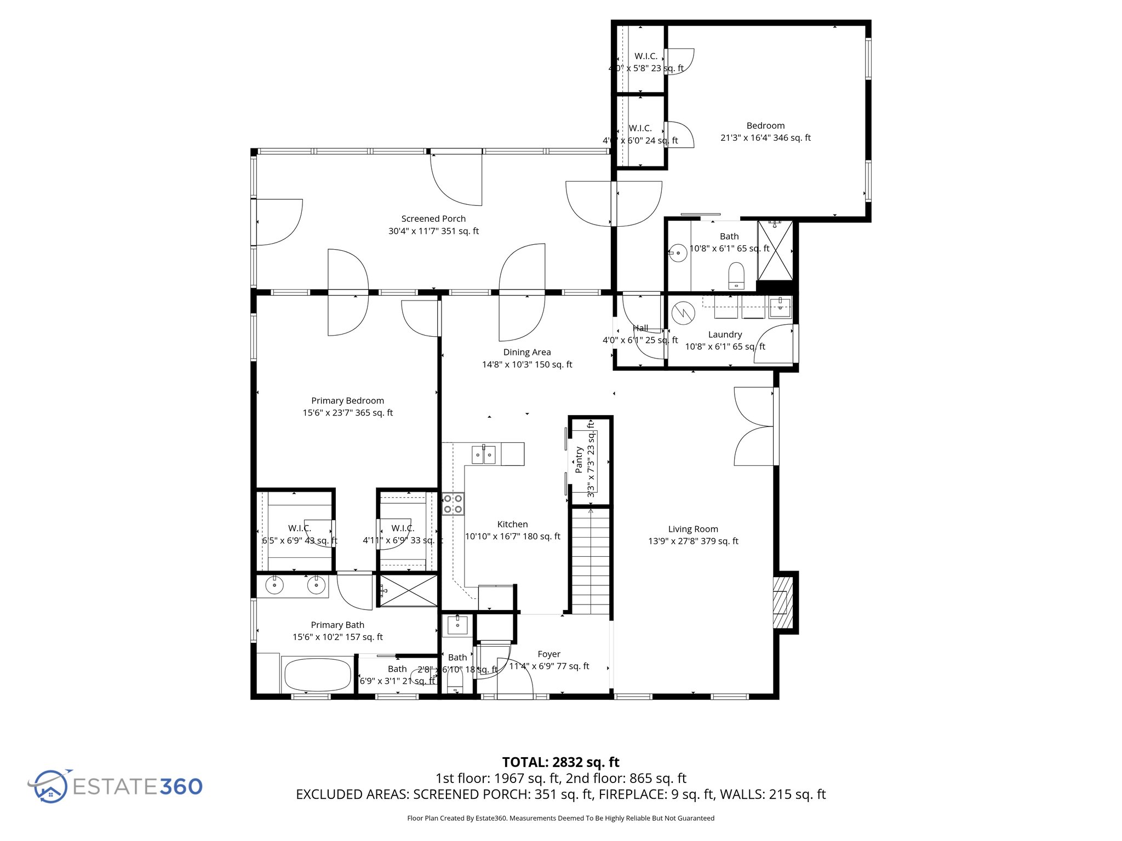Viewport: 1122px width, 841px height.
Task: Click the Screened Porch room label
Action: tap(433, 219)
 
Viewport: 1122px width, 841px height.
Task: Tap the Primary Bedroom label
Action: tap(347, 401)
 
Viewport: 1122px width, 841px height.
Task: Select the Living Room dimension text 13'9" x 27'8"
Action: tap(693, 541)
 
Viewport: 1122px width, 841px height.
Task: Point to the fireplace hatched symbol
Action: tap(782, 602)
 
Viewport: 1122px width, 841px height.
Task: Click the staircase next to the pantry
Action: tap(591, 561)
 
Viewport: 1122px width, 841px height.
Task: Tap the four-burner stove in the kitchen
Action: tap(453, 504)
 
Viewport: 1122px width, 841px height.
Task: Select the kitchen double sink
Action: tap(484, 454)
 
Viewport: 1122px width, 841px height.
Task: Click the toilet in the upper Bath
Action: tap(736, 275)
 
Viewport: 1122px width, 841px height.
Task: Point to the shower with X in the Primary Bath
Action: tap(408, 590)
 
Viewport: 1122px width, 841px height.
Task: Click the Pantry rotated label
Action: tap(579, 460)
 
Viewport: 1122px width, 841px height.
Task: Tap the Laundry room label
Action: tap(725, 335)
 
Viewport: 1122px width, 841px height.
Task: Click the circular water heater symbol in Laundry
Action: tap(683, 313)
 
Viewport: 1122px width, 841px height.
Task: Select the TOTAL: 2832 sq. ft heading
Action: tap(560, 762)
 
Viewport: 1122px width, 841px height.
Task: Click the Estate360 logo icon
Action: tap(50, 786)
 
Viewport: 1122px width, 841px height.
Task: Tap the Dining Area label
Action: tap(527, 352)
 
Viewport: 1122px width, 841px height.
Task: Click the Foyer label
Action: tap(549, 654)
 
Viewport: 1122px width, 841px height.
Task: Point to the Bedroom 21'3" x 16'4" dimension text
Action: tap(765, 138)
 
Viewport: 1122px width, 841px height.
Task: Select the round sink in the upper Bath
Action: tap(678, 253)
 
